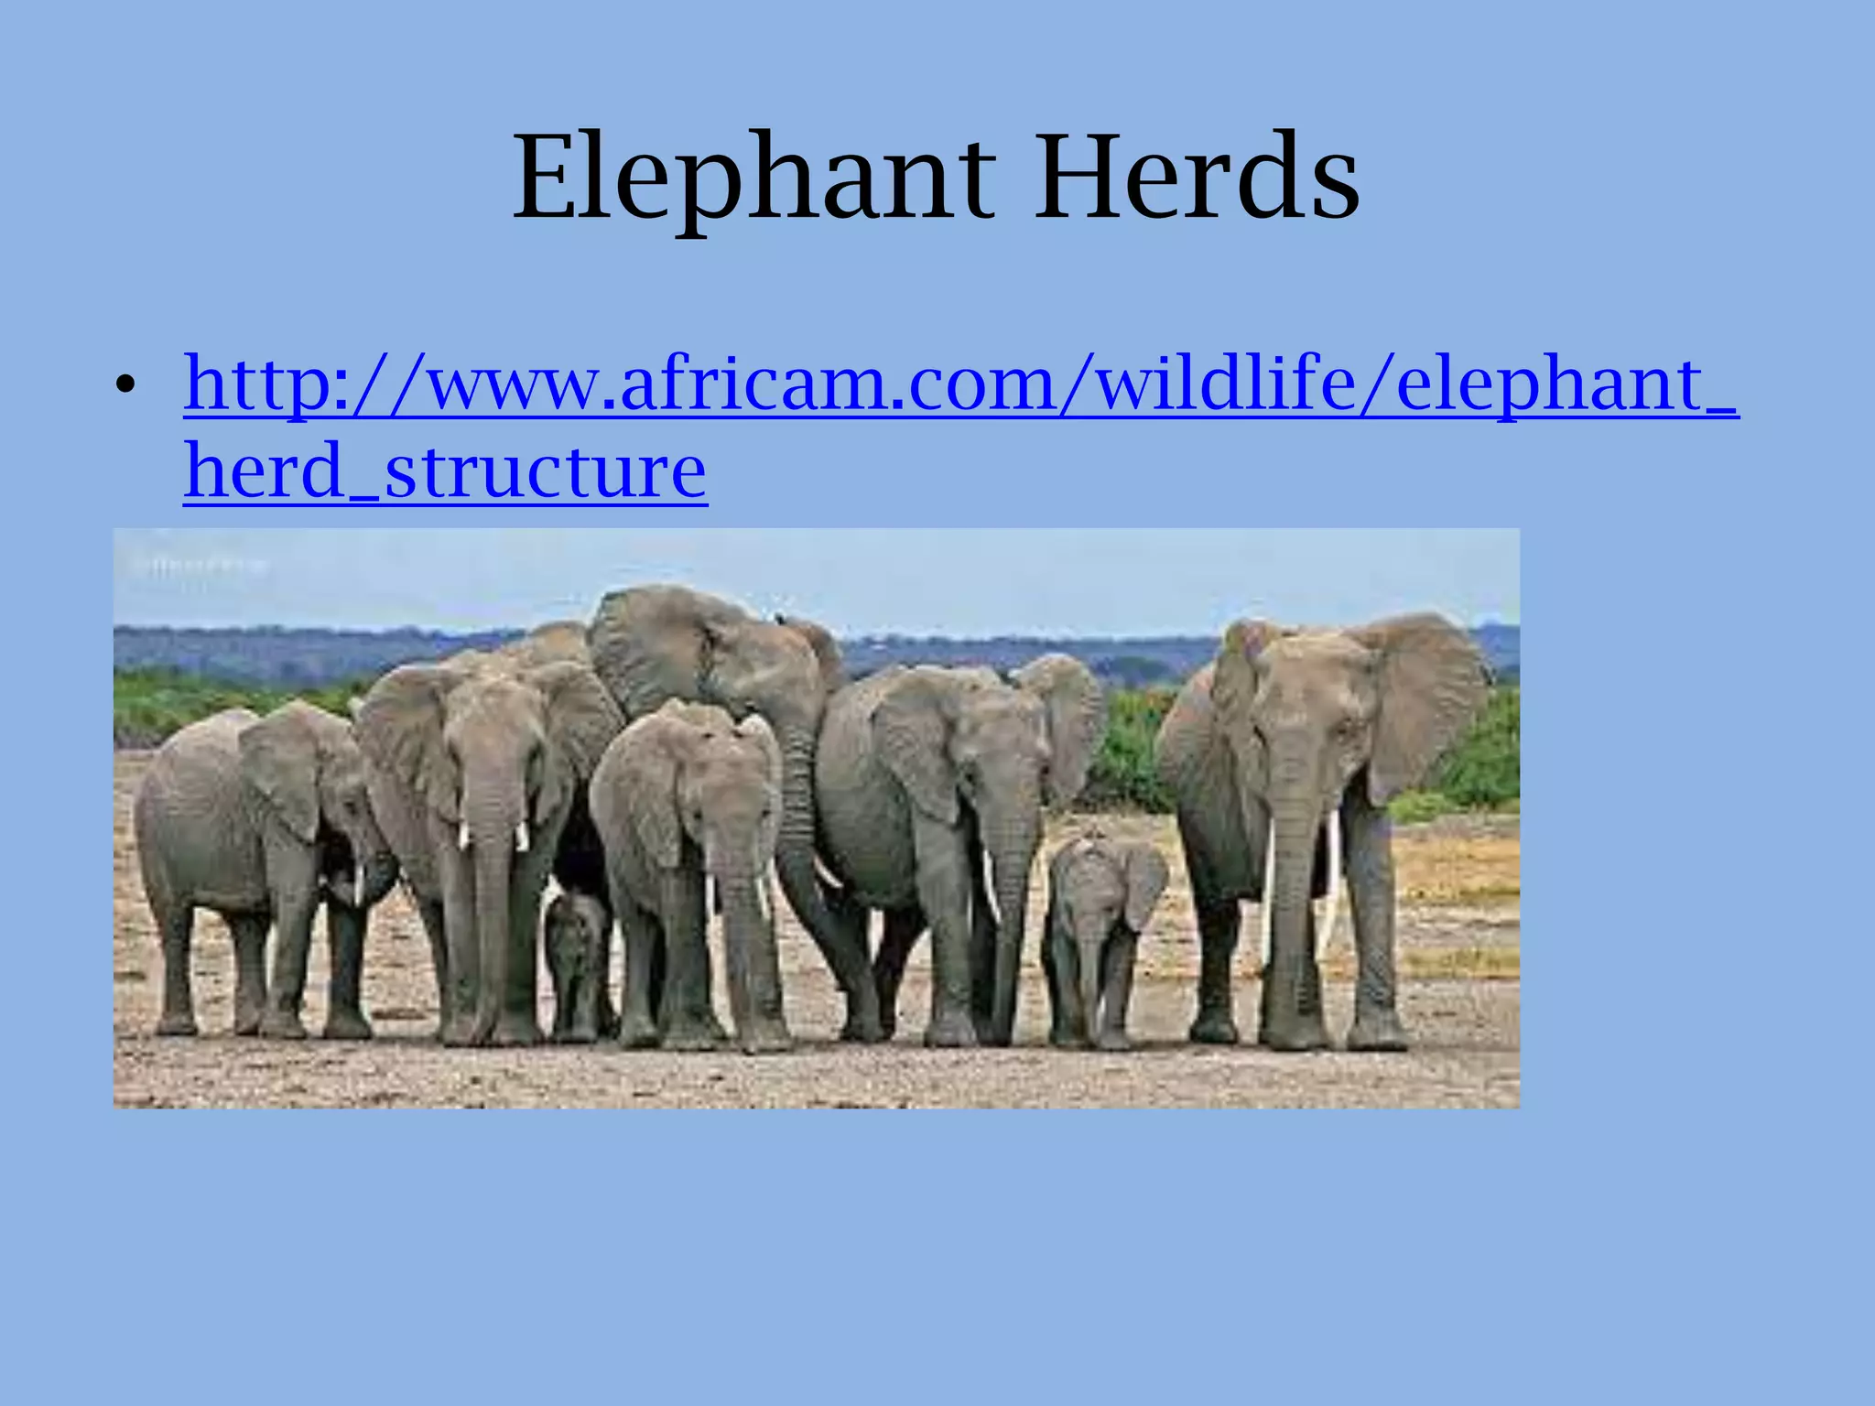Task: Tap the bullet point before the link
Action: coord(125,387)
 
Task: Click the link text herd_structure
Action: coord(445,470)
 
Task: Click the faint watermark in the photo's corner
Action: coord(201,565)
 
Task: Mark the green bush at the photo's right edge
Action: coord(1483,760)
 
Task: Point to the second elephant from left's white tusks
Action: coord(494,835)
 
